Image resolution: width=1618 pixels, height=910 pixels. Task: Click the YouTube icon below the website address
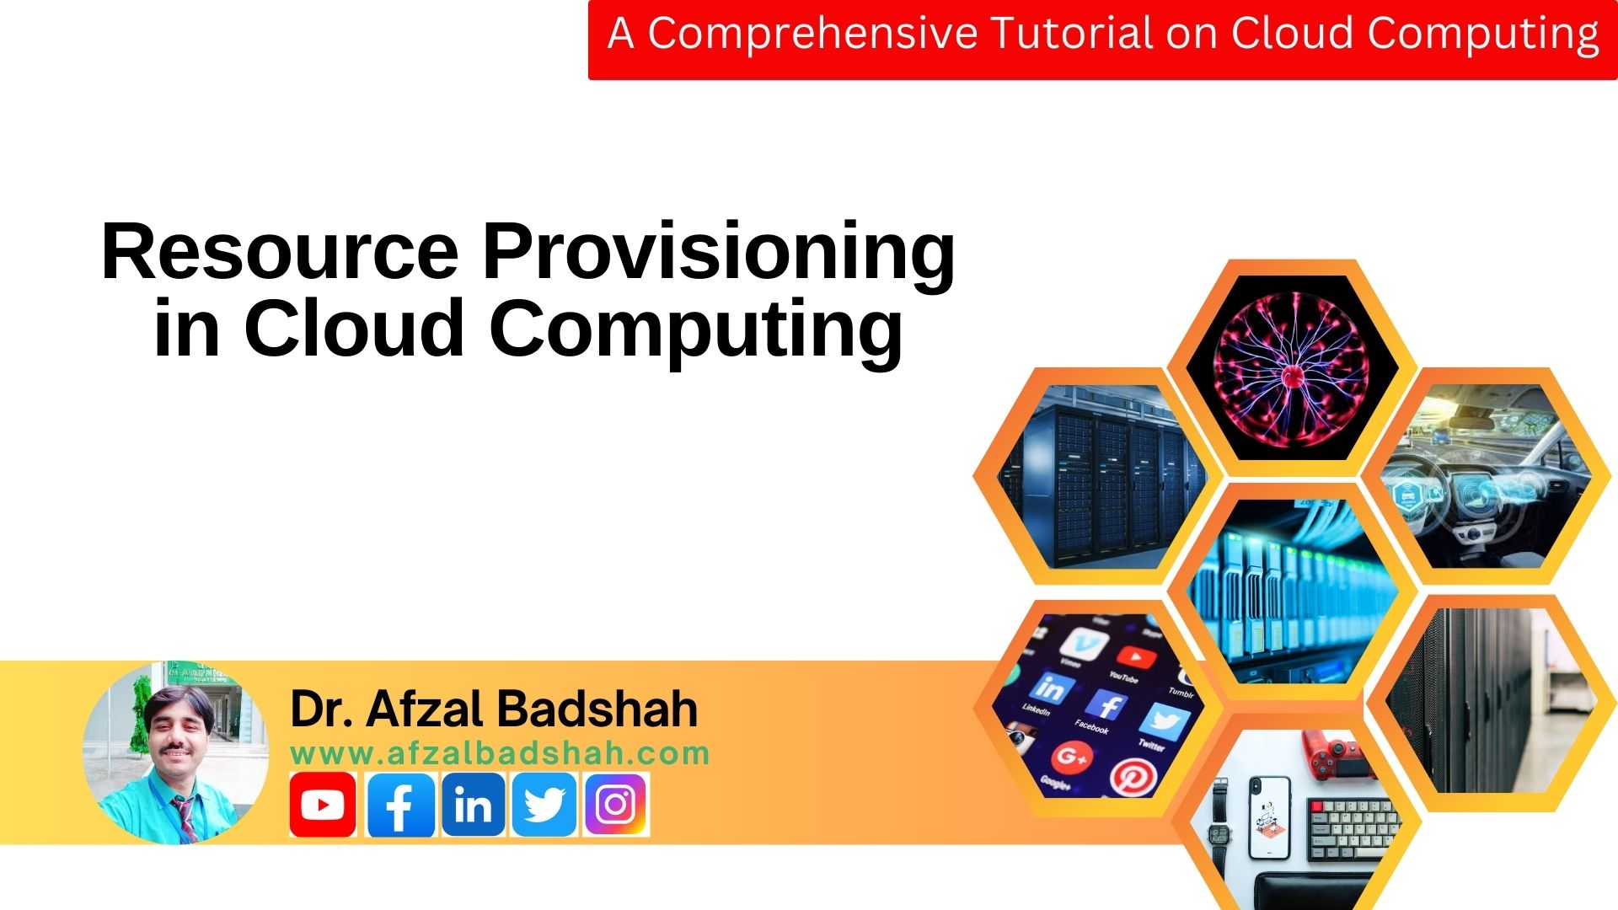(x=322, y=805)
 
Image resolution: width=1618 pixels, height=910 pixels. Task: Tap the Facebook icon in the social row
(x=400, y=805)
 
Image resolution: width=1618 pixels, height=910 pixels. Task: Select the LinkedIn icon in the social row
(x=473, y=805)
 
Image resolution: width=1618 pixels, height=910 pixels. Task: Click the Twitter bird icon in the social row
(x=544, y=805)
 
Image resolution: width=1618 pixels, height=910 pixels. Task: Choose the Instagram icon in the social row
(x=616, y=805)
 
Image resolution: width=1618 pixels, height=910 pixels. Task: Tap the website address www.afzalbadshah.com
(x=500, y=753)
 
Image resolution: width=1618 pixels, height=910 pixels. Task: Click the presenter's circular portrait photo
(x=175, y=752)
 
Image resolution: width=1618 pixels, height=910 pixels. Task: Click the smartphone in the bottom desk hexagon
(x=1268, y=817)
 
